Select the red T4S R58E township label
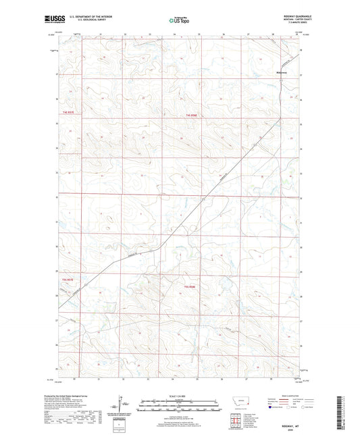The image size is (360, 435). (x=191, y=114)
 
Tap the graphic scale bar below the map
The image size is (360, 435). (x=179, y=407)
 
